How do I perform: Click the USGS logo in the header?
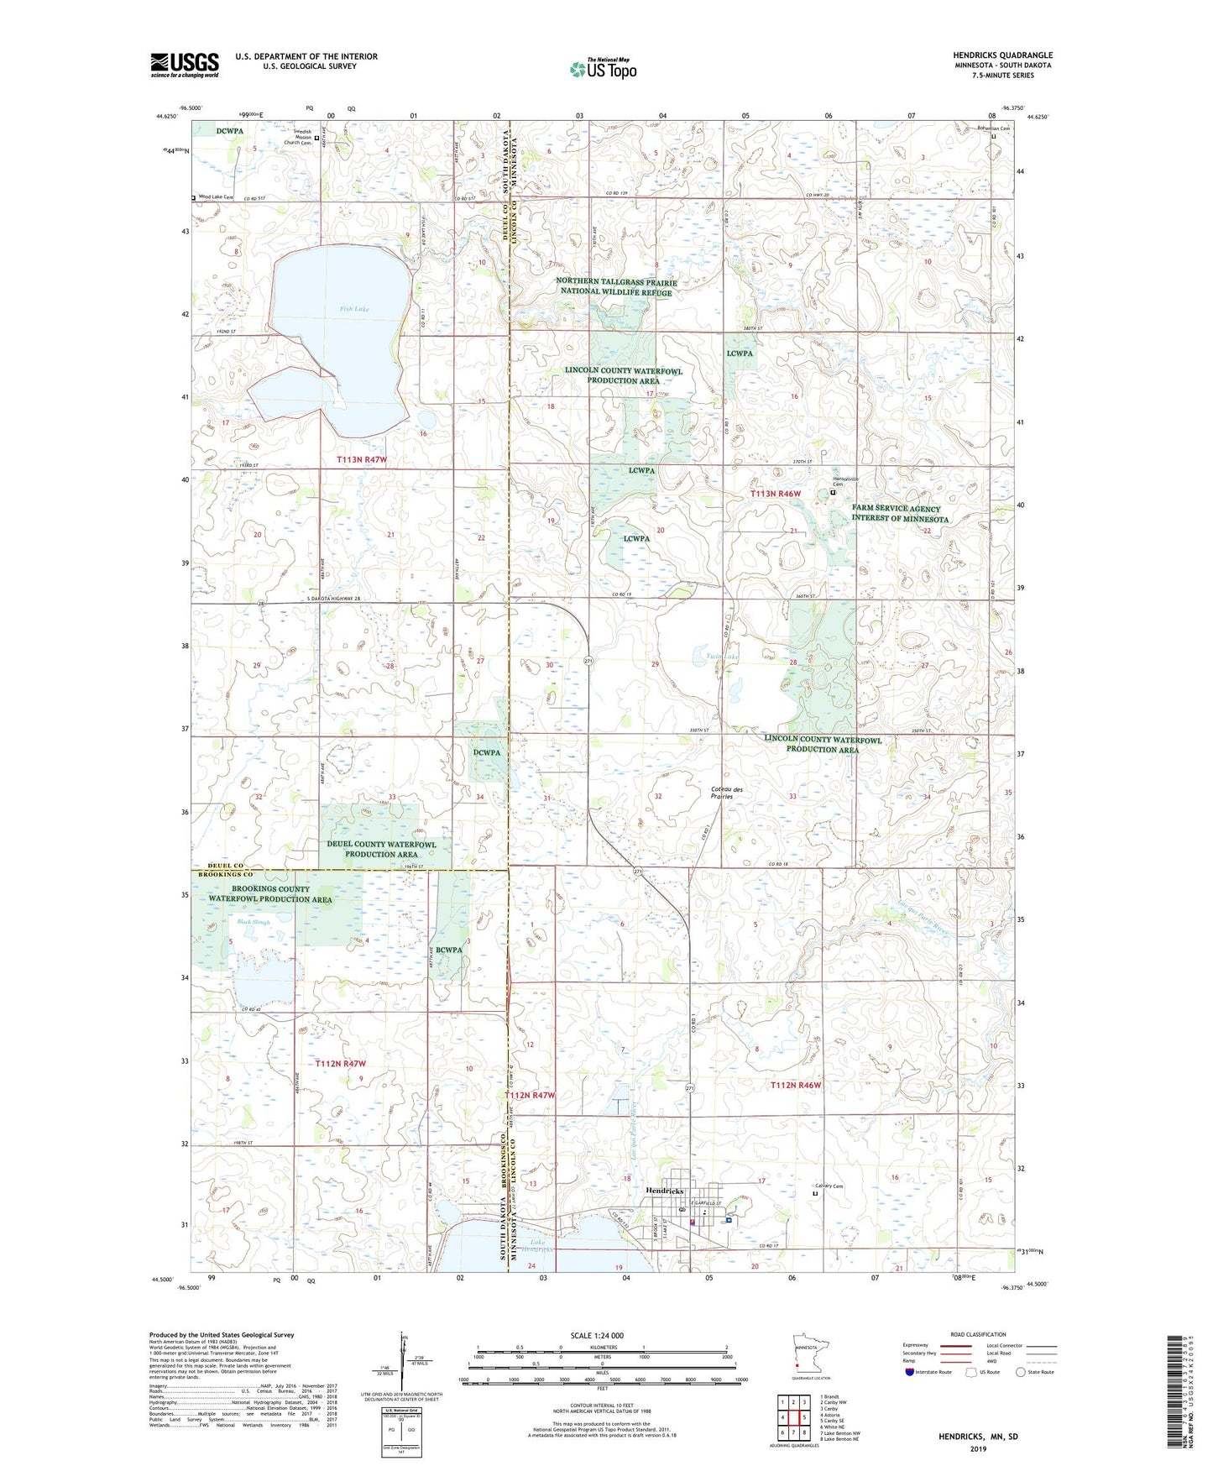(x=184, y=64)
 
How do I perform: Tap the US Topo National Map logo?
(x=603, y=69)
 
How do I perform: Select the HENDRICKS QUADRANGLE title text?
(x=1002, y=55)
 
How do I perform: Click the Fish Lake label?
(x=354, y=309)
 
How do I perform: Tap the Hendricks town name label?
(x=665, y=1191)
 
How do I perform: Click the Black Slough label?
(x=254, y=922)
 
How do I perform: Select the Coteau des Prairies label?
(x=727, y=793)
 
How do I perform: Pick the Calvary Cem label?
(x=829, y=1186)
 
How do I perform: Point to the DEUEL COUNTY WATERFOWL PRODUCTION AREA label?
(x=382, y=849)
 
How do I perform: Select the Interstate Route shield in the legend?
(x=911, y=1372)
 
